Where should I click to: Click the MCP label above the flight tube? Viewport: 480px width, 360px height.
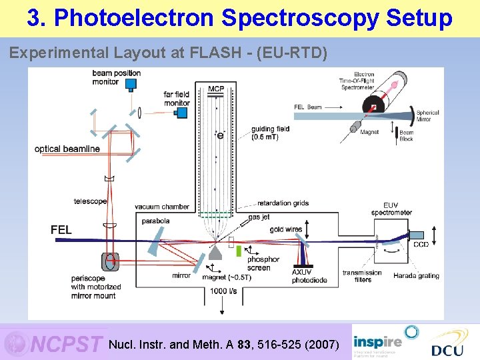click(x=216, y=89)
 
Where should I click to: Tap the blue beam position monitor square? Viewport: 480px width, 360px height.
click(x=131, y=84)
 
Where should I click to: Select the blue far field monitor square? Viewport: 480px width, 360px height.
click(x=181, y=112)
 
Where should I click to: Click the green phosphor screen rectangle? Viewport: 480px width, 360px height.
click(x=239, y=251)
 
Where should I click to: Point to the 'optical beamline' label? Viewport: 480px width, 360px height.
click(x=67, y=149)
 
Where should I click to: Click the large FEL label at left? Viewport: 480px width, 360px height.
click(x=61, y=229)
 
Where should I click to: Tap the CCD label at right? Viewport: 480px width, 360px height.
click(x=421, y=245)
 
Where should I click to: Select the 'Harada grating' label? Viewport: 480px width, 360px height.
click(x=416, y=275)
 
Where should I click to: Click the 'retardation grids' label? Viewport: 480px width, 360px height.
click(x=283, y=203)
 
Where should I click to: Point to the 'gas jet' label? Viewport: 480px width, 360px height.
click(x=259, y=217)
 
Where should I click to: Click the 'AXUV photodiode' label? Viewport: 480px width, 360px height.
click(x=309, y=276)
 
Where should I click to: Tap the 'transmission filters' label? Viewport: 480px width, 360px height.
click(x=362, y=276)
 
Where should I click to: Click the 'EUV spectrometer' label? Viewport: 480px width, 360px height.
click(x=391, y=209)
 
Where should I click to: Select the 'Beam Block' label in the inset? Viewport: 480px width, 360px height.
click(x=406, y=135)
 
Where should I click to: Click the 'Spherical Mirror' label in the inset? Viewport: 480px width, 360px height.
click(x=427, y=116)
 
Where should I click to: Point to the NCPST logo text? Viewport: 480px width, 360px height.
click(x=67, y=344)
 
